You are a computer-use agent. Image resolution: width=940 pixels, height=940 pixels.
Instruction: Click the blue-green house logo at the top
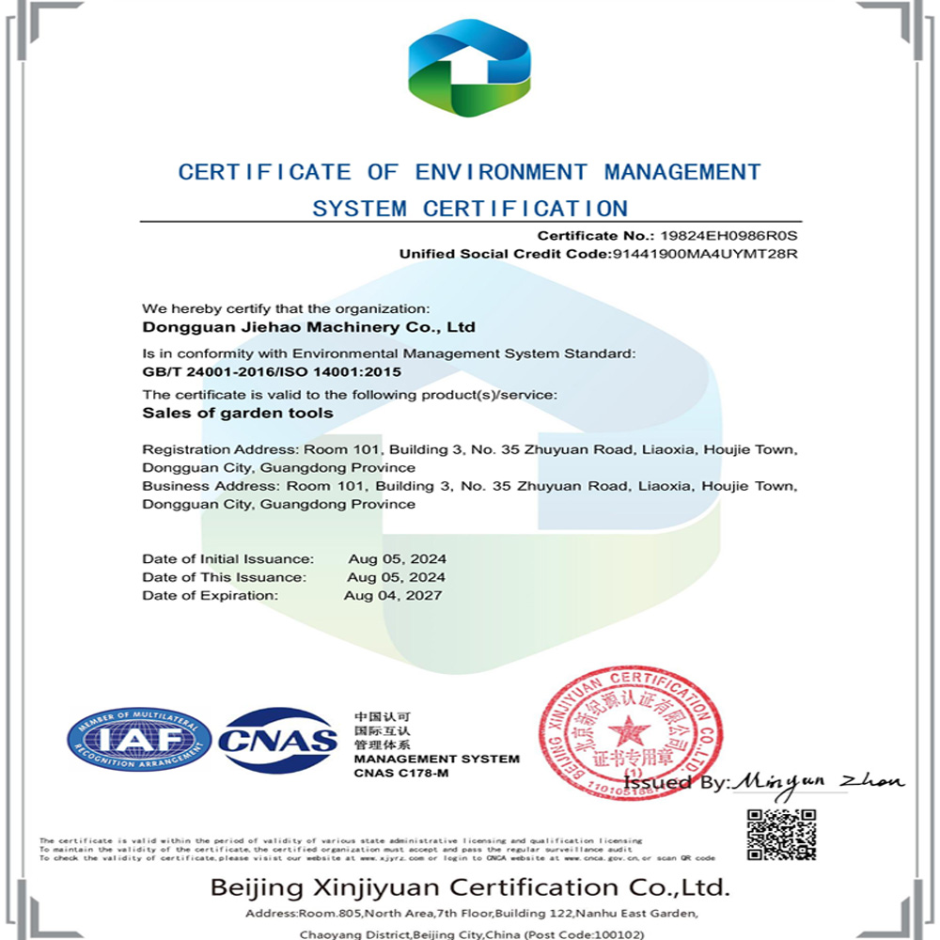(x=469, y=67)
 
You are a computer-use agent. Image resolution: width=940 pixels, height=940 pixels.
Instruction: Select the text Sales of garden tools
(x=237, y=412)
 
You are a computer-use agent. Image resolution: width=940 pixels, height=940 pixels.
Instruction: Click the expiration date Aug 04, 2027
(x=393, y=595)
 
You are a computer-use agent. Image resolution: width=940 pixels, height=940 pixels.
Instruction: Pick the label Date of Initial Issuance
(x=227, y=559)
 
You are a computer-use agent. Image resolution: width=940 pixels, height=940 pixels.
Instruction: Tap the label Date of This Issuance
(x=224, y=577)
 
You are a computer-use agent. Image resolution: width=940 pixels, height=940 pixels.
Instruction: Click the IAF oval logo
(x=139, y=740)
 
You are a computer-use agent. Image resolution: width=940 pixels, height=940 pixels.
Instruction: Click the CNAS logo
(x=277, y=740)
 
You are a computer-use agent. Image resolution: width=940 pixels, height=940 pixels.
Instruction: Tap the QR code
(x=781, y=834)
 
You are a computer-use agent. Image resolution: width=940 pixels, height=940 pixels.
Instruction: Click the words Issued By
(x=676, y=782)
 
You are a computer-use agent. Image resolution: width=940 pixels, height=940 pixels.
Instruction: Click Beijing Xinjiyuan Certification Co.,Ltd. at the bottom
(x=469, y=886)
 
